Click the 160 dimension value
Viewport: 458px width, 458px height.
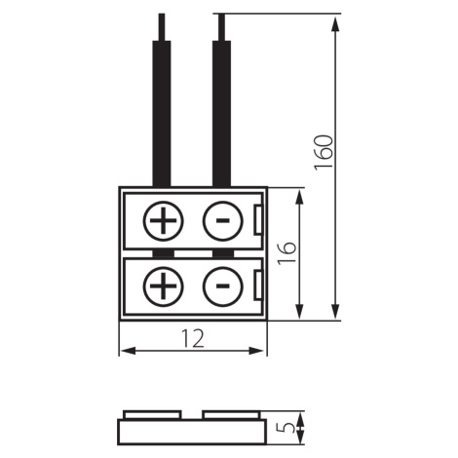[324, 152]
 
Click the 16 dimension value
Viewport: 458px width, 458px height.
[287, 252]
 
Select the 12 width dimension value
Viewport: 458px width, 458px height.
[193, 338]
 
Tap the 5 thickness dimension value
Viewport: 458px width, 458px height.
[287, 427]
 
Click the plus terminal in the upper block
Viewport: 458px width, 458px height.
[163, 221]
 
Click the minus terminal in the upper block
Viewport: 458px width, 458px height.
[222, 221]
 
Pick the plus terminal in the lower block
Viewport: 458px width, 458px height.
[163, 286]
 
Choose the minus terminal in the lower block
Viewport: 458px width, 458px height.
[222, 286]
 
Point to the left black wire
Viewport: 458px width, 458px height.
[162, 114]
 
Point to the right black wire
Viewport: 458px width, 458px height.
[221, 114]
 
